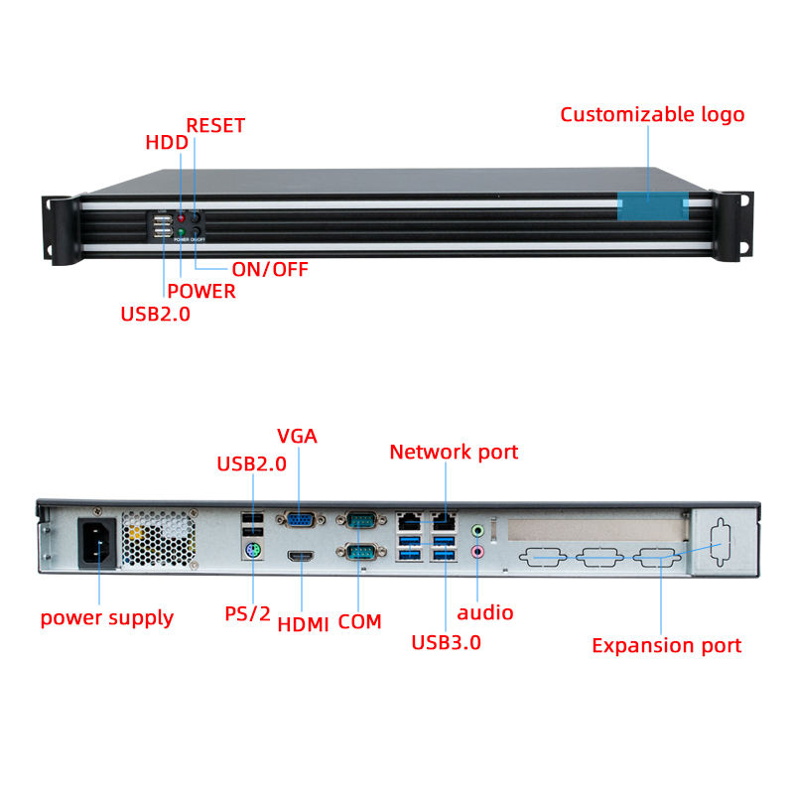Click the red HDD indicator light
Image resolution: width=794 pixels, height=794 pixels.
coord(181,218)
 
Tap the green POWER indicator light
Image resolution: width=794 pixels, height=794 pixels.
coord(181,233)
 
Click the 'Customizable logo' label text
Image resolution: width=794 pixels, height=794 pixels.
coord(652,115)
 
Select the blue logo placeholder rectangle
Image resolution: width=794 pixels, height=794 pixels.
coord(653,206)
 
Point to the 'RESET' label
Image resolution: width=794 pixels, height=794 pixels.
coord(215,126)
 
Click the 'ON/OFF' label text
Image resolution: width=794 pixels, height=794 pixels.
coord(270,269)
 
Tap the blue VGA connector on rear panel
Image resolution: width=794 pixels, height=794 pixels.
coord(301,519)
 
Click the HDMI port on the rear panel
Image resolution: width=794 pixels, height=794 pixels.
coord(301,557)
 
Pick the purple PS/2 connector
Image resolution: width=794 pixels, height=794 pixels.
coord(253,550)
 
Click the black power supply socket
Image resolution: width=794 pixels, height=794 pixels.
coord(97,543)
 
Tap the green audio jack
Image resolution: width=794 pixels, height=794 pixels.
coord(477,531)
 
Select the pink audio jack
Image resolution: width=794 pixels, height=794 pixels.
coord(477,551)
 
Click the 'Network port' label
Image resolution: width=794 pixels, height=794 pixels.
coord(454,453)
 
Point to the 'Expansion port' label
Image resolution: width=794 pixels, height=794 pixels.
coord(666,646)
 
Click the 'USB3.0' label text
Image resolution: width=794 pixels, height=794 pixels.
coord(446,642)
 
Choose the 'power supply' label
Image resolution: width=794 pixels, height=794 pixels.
coord(107,618)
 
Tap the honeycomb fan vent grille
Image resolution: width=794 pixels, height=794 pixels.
coord(159,539)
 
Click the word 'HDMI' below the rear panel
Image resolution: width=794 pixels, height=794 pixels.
coord(304,624)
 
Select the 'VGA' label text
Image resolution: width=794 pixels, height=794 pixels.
coord(297,436)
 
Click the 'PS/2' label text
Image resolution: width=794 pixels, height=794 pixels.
coord(247,613)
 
